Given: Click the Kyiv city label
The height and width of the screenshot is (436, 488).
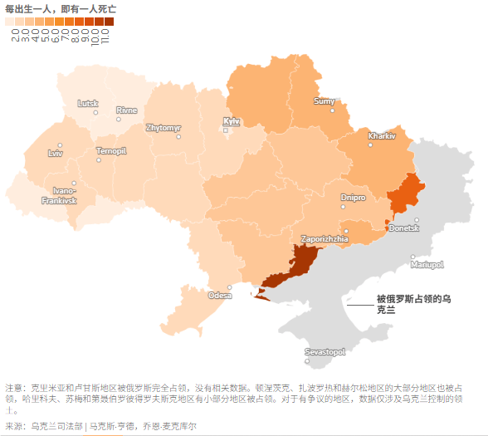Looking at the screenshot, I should [232, 121].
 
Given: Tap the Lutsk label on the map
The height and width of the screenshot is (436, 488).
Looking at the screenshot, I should [87, 103].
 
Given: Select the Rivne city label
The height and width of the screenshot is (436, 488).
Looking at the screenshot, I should [127, 110].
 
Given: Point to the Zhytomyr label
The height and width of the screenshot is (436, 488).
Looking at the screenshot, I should [163, 128].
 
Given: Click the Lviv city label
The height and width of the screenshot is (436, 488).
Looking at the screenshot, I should [56, 153].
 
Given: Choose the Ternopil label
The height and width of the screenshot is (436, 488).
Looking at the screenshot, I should [111, 151].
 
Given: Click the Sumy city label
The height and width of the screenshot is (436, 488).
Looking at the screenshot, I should [325, 101].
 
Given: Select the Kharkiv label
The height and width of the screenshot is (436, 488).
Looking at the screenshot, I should [382, 135].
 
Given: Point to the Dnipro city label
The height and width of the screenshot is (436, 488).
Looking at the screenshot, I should [353, 198].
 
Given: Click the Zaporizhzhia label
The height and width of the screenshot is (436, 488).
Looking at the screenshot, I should [325, 238].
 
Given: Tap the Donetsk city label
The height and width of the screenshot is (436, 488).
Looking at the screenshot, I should [404, 228].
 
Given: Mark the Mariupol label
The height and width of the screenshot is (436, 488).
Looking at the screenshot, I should [427, 265].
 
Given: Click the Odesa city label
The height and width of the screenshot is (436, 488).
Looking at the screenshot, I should [220, 295].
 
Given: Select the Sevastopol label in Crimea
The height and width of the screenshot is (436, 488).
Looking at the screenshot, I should [325, 352].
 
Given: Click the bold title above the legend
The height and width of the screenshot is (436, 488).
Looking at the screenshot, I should [60, 8].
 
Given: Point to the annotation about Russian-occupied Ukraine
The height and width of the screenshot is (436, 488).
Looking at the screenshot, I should [412, 303].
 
